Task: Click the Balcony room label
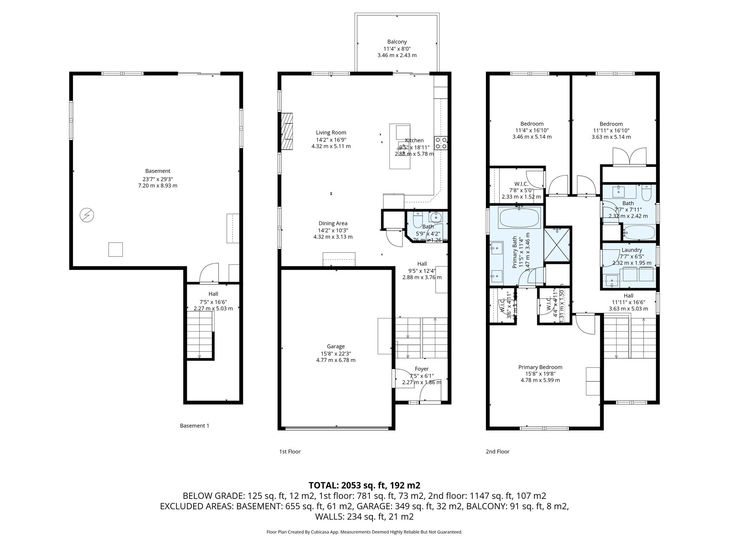point(397,42)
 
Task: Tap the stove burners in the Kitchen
point(441,143)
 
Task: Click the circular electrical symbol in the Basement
point(87,215)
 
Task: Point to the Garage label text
point(336,346)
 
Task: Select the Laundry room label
point(631,250)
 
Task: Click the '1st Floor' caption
point(290,452)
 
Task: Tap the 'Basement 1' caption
point(194,426)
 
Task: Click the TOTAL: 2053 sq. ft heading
point(364,485)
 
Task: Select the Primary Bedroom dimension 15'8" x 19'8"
point(540,374)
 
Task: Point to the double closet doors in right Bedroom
point(629,157)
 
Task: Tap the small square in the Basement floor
point(115,249)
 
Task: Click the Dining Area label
point(333,223)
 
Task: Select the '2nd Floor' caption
point(497,452)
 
